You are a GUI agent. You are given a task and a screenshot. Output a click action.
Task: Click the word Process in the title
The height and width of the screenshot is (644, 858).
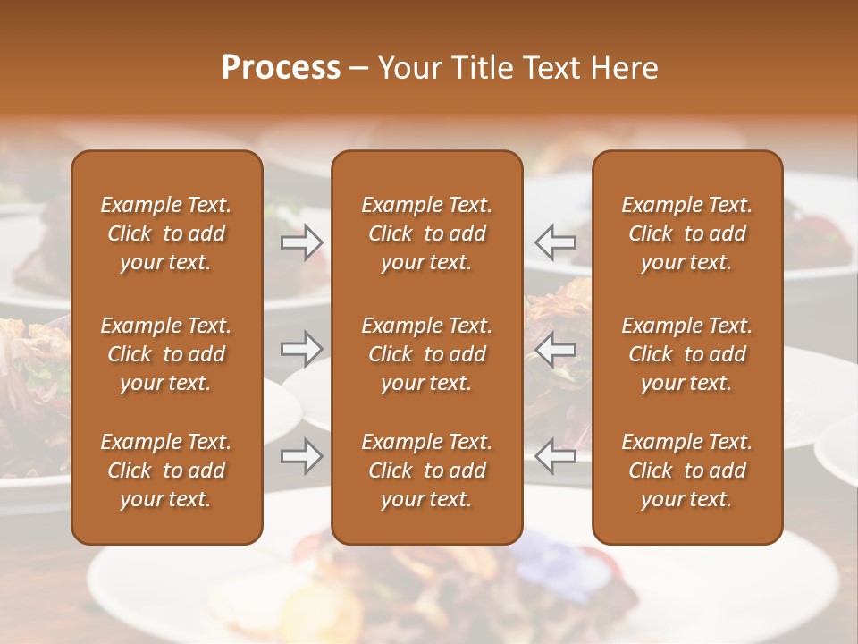point(281,68)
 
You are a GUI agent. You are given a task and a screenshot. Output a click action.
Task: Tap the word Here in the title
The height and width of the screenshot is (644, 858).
point(623,68)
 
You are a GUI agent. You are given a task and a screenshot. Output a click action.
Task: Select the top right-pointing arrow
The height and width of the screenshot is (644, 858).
point(301,242)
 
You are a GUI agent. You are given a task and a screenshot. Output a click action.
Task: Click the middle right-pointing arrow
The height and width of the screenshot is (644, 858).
point(301,349)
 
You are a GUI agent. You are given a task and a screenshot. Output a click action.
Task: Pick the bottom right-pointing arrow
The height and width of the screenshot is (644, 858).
point(301,456)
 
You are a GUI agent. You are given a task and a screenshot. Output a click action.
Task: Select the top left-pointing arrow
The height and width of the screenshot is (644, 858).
point(555,242)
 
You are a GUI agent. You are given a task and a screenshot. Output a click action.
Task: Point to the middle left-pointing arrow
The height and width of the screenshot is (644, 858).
point(555,349)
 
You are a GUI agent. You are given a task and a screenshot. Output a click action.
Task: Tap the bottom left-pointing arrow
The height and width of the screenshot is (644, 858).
point(555,456)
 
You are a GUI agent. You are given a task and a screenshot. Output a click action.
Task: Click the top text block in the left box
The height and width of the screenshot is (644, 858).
point(166,233)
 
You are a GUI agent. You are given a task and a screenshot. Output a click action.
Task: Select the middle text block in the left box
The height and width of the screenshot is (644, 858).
point(166,354)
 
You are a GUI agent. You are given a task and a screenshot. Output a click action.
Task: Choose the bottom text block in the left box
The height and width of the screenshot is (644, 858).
point(166,470)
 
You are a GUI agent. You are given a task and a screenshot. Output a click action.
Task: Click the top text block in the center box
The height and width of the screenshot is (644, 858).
point(427,233)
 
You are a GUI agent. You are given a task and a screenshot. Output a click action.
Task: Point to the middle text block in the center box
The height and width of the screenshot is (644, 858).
point(427,354)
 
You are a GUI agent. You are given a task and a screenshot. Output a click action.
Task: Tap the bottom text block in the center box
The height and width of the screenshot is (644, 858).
point(427,470)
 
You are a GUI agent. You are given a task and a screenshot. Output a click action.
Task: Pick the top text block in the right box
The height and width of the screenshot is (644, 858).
point(687,233)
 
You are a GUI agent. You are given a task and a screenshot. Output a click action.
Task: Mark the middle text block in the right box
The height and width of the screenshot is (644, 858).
point(687,354)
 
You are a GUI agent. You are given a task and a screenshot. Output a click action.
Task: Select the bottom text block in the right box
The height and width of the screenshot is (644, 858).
point(687,470)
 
